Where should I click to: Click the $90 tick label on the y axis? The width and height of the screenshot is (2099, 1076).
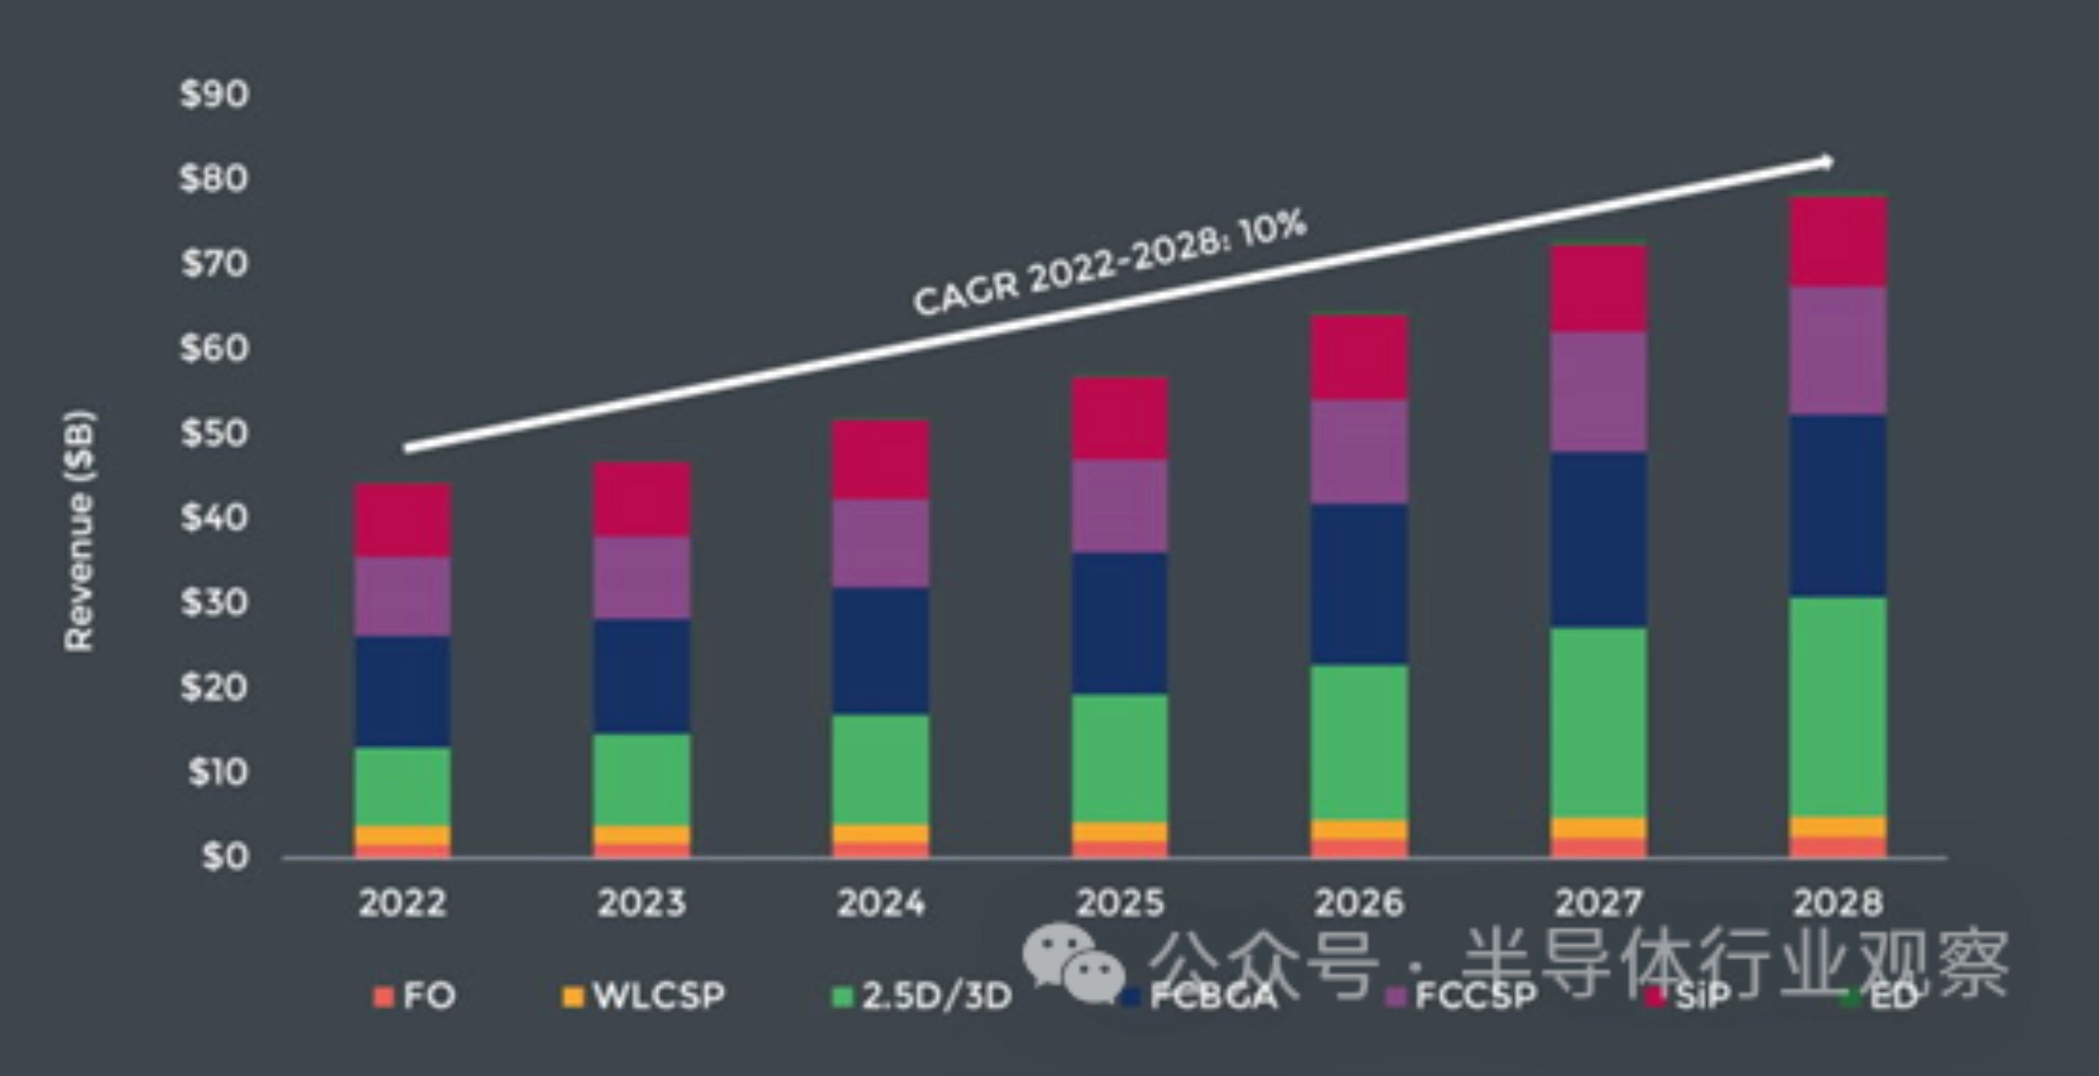coord(214,94)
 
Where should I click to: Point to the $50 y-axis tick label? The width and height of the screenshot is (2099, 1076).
coord(214,432)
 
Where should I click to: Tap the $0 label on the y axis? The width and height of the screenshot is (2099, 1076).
coord(225,856)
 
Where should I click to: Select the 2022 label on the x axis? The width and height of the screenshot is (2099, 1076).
coord(402,902)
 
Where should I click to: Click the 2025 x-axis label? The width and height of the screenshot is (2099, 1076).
coord(1120,902)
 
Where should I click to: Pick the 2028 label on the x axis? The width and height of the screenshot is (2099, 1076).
coord(1838,902)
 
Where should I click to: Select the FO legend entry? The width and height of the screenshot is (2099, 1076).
coord(416,996)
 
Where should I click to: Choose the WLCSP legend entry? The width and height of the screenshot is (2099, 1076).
coord(644,996)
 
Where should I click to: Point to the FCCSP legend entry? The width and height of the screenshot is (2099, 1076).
coord(1462,996)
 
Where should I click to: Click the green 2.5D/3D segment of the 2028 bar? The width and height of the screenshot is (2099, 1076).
coord(1838,707)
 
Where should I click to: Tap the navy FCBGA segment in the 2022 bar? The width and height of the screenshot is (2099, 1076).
coord(402,691)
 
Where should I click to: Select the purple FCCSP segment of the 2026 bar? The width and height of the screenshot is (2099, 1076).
coord(1359,452)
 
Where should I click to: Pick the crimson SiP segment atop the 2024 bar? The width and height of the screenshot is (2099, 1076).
coord(881,460)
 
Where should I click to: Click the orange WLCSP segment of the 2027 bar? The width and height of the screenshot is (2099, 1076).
coord(1599,828)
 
